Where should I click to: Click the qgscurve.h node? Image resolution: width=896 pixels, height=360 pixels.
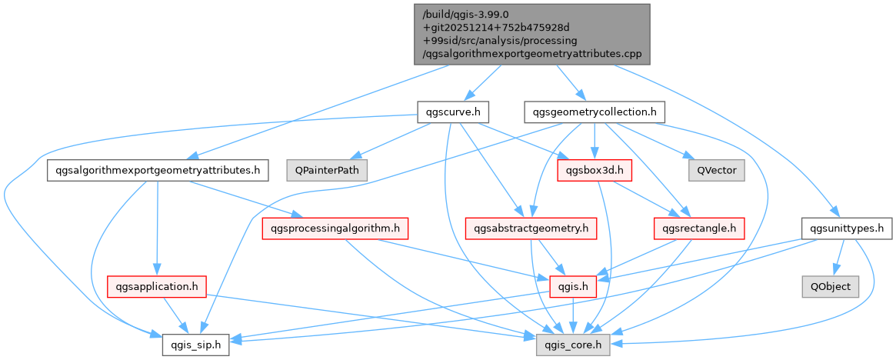tap(453, 112)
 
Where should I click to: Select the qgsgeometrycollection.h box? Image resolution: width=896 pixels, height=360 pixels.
tap(595, 112)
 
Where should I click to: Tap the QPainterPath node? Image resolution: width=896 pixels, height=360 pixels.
tap(327, 169)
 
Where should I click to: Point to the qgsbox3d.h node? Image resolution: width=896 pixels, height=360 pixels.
tap(594, 169)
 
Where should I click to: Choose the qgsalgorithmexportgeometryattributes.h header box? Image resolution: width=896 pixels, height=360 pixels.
tap(157, 169)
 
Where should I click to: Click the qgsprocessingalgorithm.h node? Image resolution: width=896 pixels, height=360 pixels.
tap(335, 228)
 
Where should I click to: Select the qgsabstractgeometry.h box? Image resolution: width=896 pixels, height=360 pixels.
tap(531, 228)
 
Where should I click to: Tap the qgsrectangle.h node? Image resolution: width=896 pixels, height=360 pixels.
tap(698, 228)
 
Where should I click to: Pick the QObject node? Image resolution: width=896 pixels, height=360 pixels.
tap(830, 286)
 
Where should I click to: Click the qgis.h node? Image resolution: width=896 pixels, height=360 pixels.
tap(573, 286)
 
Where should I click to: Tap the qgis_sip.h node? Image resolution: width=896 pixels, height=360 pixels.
tap(195, 345)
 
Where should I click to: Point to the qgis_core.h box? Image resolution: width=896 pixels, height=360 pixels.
tap(573, 345)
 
